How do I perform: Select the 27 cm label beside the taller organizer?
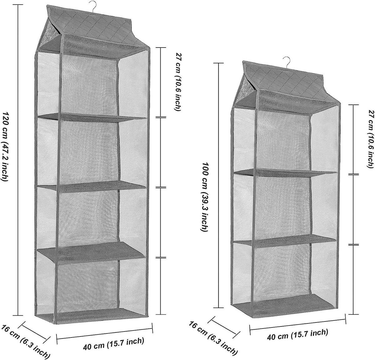tap(177, 82)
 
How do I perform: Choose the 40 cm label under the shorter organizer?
tap(297, 335)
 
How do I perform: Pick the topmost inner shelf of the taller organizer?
tap(94, 118)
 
